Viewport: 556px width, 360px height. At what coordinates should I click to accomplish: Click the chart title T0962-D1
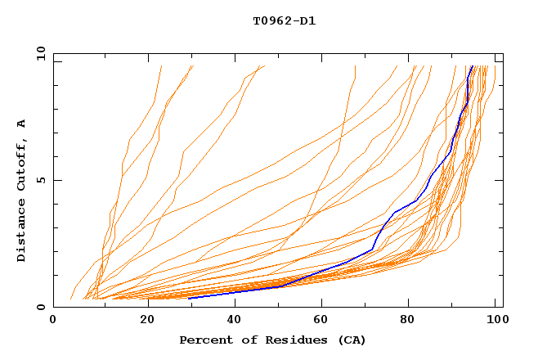click(x=284, y=21)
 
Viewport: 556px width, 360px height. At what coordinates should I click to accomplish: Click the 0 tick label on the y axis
click(x=41, y=307)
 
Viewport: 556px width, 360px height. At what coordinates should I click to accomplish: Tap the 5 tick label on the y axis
click(x=41, y=180)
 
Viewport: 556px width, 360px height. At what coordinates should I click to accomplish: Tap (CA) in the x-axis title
click(x=350, y=340)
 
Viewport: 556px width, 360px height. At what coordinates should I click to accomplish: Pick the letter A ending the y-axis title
click(x=22, y=124)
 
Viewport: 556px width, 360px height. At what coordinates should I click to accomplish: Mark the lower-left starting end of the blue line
click(x=190, y=298)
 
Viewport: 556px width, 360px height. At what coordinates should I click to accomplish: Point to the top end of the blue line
click(x=472, y=66)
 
